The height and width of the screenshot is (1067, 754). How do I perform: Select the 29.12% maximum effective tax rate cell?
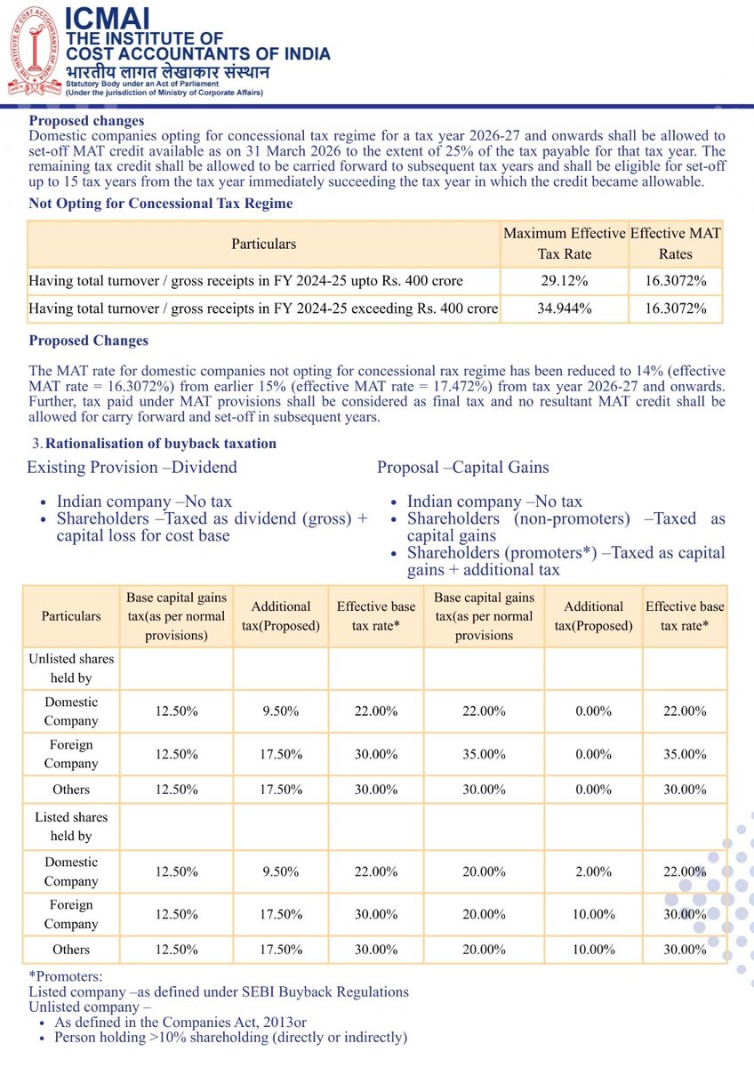565,281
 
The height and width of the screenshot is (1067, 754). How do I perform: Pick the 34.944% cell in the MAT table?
565,309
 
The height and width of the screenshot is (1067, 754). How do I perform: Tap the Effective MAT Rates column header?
676,243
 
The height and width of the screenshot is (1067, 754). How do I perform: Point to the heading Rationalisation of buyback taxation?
160,443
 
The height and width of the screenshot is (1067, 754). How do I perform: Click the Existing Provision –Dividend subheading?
132,467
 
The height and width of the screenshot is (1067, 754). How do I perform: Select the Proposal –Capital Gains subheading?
463,467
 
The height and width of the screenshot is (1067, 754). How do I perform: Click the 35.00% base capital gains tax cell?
485,754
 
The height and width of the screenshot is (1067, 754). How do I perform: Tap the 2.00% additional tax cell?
593,871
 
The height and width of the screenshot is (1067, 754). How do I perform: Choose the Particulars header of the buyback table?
71,615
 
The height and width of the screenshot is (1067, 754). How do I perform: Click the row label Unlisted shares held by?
71,669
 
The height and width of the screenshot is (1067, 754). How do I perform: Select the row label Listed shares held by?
71,827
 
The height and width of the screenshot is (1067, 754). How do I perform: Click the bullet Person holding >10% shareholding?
230,1037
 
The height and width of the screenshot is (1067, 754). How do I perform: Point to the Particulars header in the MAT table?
264,243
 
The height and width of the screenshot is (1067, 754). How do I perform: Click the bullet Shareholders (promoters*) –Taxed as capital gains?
565,560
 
